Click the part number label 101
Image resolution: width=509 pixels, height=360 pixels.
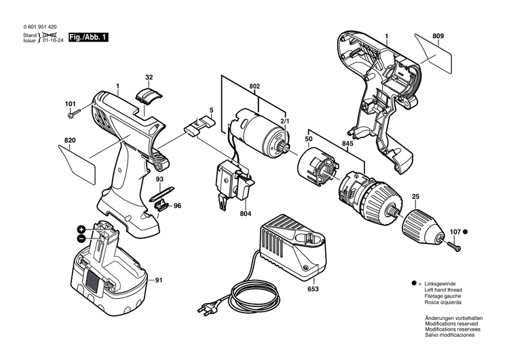pos(70,104)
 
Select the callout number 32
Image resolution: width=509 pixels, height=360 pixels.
pos(149,77)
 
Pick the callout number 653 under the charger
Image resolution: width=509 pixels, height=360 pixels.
pos(312,289)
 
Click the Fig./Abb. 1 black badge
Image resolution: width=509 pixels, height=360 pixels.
pos(91,38)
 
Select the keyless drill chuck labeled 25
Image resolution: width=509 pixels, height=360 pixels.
pos(421,226)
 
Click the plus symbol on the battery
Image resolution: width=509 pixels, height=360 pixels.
pos(81,230)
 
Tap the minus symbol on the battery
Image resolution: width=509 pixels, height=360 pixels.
pos(81,239)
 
